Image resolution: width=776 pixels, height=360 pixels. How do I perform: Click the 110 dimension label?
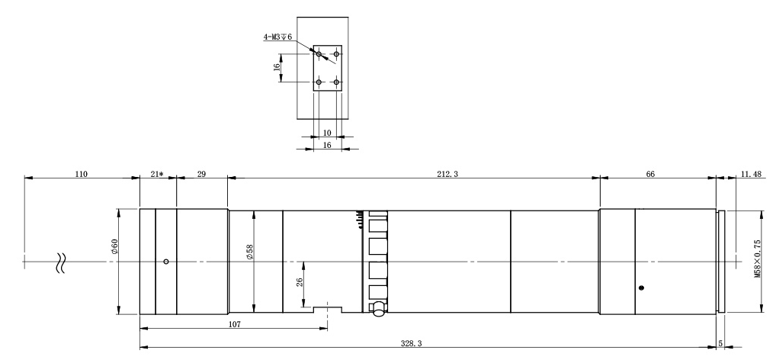tap(81, 174)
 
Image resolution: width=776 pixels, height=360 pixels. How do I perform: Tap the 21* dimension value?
tap(156, 174)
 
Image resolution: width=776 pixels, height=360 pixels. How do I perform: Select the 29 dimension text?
tap(201, 174)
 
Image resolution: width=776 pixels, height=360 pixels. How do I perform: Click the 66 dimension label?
tap(650, 174)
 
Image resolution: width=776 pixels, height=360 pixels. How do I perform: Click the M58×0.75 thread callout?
tap(758, 259)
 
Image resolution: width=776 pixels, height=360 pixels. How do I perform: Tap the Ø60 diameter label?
tap(115, 246)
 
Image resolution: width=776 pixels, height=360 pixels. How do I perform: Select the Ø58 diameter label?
tap(249, 252)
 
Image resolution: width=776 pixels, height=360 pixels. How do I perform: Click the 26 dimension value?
tap(300, 283)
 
